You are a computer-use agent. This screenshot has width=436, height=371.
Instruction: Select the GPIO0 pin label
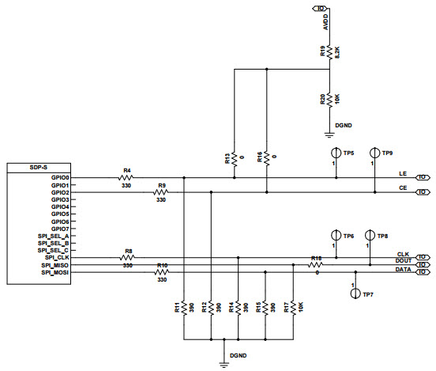point(60,178)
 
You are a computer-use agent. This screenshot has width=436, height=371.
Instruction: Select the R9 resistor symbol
point(161,192)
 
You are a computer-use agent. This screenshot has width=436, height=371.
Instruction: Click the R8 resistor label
point(128,251)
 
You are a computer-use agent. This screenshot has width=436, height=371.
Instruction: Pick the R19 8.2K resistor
point(329,52)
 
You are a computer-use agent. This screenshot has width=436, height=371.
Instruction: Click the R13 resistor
point(235,159)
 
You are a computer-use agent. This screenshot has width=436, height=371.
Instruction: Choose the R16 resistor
point(267,159)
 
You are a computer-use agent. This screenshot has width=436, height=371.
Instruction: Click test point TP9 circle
point(373,152)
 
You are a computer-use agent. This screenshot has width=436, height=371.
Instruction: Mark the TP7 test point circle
point(355,293)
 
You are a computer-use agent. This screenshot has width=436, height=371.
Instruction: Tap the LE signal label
point(403,172)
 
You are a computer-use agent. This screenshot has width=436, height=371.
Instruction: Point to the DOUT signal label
point(401,260)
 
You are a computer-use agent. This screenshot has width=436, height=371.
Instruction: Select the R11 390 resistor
point(183,307)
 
